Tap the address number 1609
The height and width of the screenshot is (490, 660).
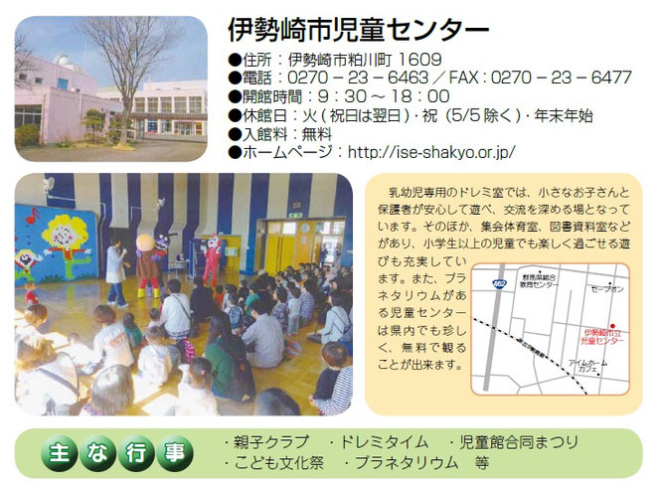coord(412,60)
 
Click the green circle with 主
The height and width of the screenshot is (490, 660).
coord(58,453)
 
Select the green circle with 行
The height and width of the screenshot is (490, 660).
coord(134,453)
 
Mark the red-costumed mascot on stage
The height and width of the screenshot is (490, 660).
coord(212,260)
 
